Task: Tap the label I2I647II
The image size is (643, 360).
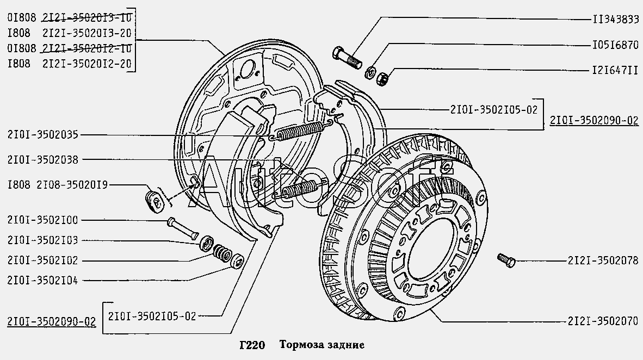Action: click(615, 71)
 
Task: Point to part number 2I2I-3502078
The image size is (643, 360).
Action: click(602, 261)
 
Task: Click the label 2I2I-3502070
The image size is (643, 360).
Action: click(602, 321)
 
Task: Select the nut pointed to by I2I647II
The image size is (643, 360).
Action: click(382, 79)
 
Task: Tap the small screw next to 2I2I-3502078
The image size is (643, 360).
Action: click(505, 259)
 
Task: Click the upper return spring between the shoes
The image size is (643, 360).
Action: click(298, 131)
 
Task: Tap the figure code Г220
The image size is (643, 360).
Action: click(251, 344)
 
